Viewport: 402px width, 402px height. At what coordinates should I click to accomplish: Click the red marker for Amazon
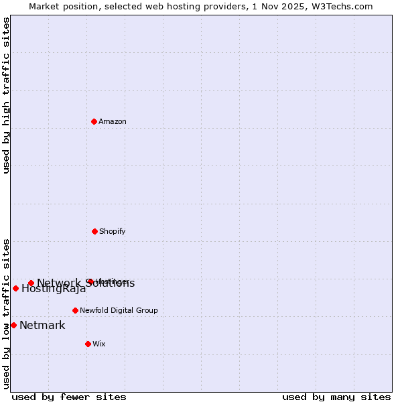(94, 121)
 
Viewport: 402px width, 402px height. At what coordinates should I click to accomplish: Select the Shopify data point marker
(94, 231)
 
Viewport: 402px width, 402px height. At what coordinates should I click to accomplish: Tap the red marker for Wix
(88, 344)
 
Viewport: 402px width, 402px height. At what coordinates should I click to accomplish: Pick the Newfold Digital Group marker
(75, 310)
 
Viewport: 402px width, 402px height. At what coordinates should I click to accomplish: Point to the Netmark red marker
(13, 325)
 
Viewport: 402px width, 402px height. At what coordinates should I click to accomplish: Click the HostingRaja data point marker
(15, 288)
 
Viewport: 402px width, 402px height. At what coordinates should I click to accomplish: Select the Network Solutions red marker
(31, 283)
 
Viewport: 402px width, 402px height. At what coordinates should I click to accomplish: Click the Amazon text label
(113, 121)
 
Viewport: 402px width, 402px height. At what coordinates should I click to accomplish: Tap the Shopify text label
(113, 231)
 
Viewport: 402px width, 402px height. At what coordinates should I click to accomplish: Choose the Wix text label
(99, 344)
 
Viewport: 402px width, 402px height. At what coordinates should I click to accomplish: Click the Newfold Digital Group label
(119, 310)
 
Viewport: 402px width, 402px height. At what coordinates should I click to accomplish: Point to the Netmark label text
(42, 326)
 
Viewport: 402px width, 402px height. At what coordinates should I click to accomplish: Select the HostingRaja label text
(54, 289)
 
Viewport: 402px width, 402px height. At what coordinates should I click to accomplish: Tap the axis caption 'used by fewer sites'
(69, 397)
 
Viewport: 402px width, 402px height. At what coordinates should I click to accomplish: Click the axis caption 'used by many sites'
(336, 397)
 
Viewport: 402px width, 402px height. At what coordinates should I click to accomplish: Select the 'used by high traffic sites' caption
(6, 95)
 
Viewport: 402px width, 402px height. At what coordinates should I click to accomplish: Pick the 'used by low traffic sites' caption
(6, 314)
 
